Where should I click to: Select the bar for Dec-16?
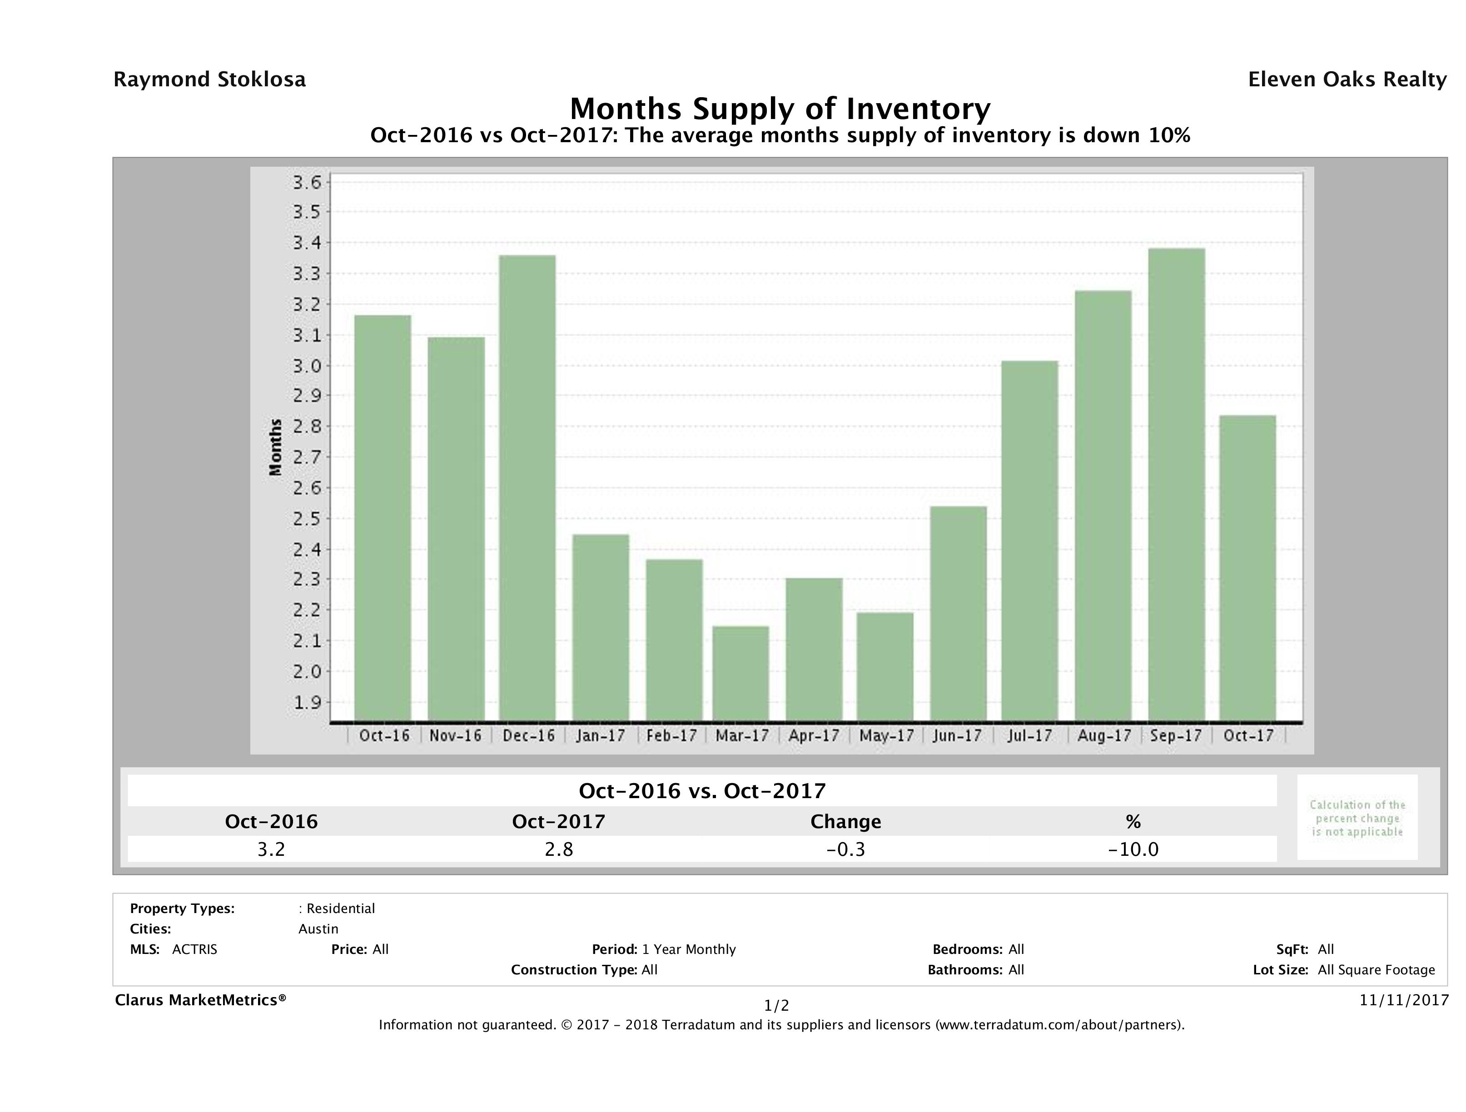(x=527, y=488)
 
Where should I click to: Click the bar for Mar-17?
(x=741, y=673)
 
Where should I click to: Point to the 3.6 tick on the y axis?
(x=308, y=182)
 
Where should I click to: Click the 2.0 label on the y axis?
(x=308, y=671)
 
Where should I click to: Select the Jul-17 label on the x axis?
(x=1029, y=735)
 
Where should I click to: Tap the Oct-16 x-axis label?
(x=384, y=735)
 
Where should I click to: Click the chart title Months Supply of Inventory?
(x=780, y=109)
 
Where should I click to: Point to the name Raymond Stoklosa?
(x=209, y=79)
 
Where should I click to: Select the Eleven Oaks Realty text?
(x=1347, y=79)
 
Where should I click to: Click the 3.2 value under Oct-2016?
(x=271, y=849)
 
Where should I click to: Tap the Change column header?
(x=846, y=822)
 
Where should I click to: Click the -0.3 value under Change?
(x=846, y=849)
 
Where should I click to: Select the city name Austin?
(x=318, y=929)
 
